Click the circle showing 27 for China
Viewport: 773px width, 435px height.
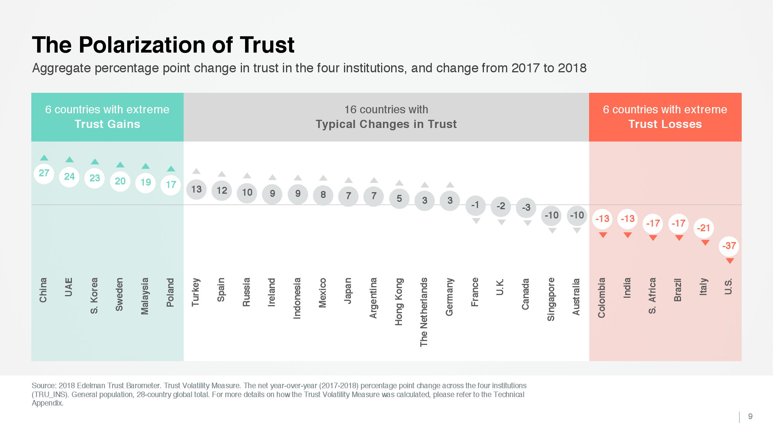pyautogui.click(x=44, y=173)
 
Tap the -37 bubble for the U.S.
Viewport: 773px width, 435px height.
pyautogui.click(x=729, y=246)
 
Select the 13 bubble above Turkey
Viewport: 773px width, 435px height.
pyautogui.click(x=196, y=189)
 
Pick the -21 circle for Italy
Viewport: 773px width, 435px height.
pyautogui.click(x=703, y=228)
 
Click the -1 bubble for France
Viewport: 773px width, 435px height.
pyautogui.click(x=475, y=205)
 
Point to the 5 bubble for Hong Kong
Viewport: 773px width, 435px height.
pyautogui.click(x=399, y=199)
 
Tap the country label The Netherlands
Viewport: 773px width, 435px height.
pyautogui.click(x=424, y=312)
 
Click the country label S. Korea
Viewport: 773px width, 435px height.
pyautogui.click(x=94, y=295)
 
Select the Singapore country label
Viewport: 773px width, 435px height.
pyautogui.click(x=551, y=299)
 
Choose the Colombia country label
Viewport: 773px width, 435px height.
pyautogui.click(x=602, y=298)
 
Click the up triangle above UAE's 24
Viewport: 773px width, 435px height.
pyautogui.click(x=70, y=160)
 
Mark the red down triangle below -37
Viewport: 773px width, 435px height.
pyautogui.click(x=730, y=261)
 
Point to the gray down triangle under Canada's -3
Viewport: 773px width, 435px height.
pyautogui.click(x=528, y=223)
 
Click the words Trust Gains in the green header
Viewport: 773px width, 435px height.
pyautogui.click(x=107, y=124)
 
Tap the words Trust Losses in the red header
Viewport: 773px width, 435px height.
pyautogui.click(x=665, y=124)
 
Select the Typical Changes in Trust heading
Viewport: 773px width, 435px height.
pyautogui.click(x=386, y=124)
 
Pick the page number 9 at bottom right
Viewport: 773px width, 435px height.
pyautogui.click(x=750, y=416)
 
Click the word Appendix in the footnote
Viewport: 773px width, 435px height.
pyautogui.click(x=47, y=403)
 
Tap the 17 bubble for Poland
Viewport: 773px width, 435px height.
pyautogui.click(x=171, y=185)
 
